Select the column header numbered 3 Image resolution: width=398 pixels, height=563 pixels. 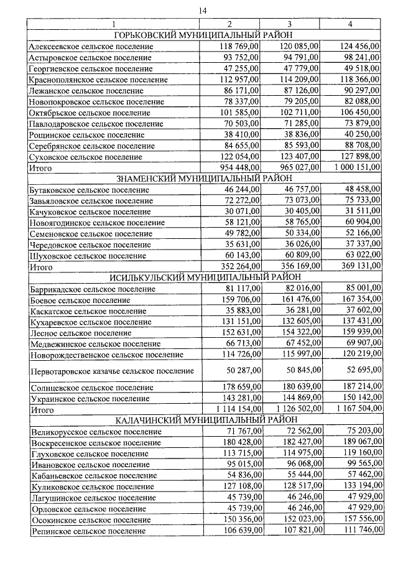tap(290, 24)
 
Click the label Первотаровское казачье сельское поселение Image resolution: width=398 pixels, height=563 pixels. tap(112, 371)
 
